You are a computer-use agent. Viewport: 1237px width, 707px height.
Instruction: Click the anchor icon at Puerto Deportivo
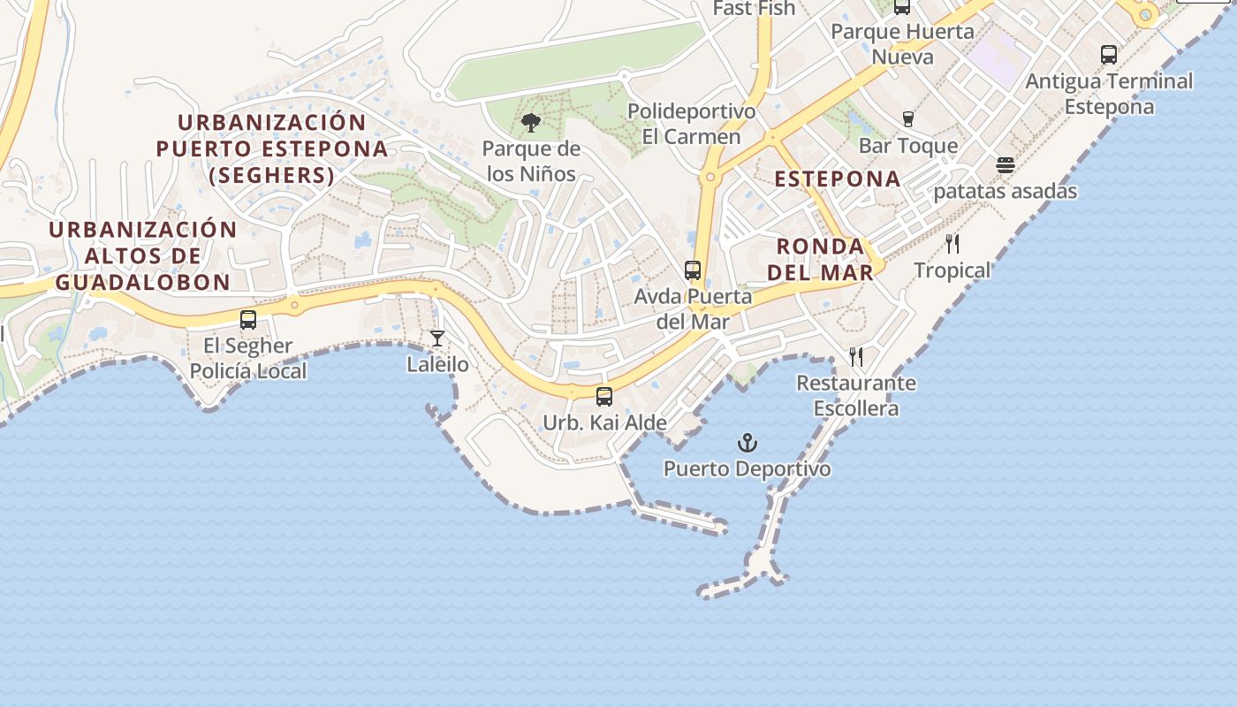748,442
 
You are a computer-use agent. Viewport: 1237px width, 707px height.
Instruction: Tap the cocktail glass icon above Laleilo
437,338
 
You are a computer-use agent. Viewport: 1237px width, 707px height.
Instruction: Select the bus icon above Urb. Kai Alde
604,397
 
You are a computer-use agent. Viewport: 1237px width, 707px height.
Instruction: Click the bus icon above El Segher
248,320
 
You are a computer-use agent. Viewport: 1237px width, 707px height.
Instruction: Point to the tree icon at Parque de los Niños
531,123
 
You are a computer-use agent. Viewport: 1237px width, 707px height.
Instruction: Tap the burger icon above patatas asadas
1006,165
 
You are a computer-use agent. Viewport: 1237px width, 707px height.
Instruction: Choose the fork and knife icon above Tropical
952,244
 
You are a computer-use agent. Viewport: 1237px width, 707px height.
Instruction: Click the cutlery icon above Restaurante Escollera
856,357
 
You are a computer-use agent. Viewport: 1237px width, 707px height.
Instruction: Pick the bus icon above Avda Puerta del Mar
693,270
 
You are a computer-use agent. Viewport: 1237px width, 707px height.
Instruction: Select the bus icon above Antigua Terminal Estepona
1109,55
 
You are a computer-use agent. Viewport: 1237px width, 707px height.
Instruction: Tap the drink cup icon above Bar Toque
907,119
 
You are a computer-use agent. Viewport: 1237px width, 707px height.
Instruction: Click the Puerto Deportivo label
748,468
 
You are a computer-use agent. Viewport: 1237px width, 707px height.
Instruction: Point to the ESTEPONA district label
838,179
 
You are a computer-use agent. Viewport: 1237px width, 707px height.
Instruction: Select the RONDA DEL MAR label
820,259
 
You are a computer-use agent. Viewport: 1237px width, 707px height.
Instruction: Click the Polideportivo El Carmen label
692,125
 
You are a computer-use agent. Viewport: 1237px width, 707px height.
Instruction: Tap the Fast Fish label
754,9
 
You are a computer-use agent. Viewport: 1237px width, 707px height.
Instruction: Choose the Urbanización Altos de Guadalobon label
142,255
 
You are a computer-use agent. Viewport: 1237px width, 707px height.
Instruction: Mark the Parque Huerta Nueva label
902,44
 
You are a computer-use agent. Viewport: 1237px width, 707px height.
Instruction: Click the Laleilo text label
437,364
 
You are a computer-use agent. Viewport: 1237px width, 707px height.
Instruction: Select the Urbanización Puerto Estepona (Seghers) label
272,148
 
